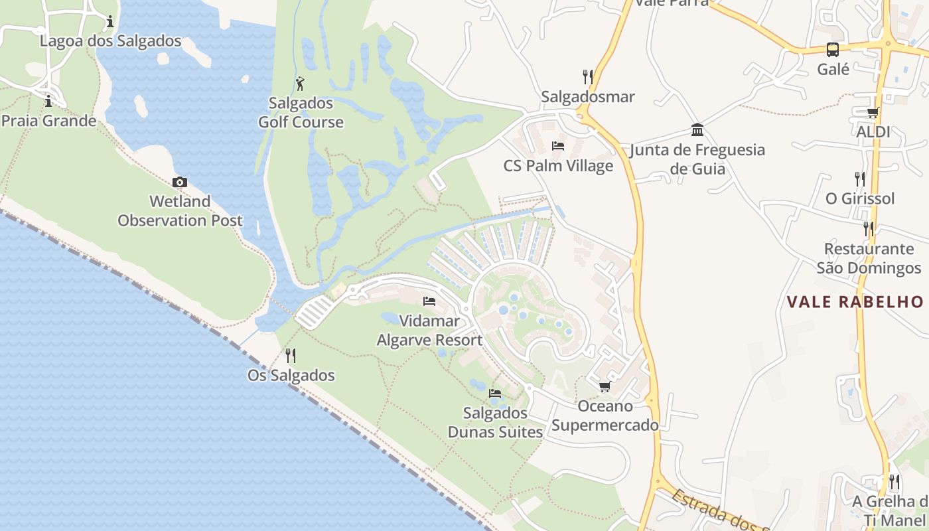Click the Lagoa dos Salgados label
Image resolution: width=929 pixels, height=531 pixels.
pyautogui.click(x=110, y=41)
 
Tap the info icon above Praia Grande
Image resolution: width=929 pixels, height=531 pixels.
pyautogui.click(x=48, y=102)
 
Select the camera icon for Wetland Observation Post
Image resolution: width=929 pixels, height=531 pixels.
pyautogui.click(x=179, y=182)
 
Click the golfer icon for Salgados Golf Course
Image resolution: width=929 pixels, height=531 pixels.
pyautogui.click(x=300, y=84)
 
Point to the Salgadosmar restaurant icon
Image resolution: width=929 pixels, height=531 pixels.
pyautogui.click(x=587, y=77)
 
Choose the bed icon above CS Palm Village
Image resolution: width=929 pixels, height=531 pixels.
pyautogui.click(x=558, y=146)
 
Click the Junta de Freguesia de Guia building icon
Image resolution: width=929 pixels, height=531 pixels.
pyautogui.click(x=697, y=129)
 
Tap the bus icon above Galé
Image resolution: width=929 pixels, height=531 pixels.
pyautogui.click(x=832, y=49)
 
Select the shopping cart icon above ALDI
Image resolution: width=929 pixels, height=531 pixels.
pyautogui.click(x=873, y=112)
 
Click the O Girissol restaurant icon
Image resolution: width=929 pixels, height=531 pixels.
pyautogui.click(x=859, y=179)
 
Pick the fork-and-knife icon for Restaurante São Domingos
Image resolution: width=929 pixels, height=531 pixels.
pyautogui.click(x=868, y=228)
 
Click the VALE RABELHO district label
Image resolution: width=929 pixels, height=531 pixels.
pyautogui.click(x=855, y=302)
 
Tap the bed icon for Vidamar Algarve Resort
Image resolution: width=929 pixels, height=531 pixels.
pyautogui.click(x=429, y=301)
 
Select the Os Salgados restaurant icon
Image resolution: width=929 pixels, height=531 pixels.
pyautogui.click(x=290, y=356)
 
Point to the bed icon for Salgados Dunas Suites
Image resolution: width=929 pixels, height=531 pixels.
pyautogui.click(x=495, y=393)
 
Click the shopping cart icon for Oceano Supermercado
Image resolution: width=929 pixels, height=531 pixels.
pyautogui.click(x=604, y=386)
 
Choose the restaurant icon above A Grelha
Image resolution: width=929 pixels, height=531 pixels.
pyautogui.click(x=894, y=481)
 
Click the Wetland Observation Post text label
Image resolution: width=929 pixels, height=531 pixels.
pyautogui.click(x=180, y=211)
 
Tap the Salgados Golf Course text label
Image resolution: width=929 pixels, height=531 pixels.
pyautogui.click(x=301, y=113)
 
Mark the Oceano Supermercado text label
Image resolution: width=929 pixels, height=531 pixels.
pyautogui.click(x=605, y=416)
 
